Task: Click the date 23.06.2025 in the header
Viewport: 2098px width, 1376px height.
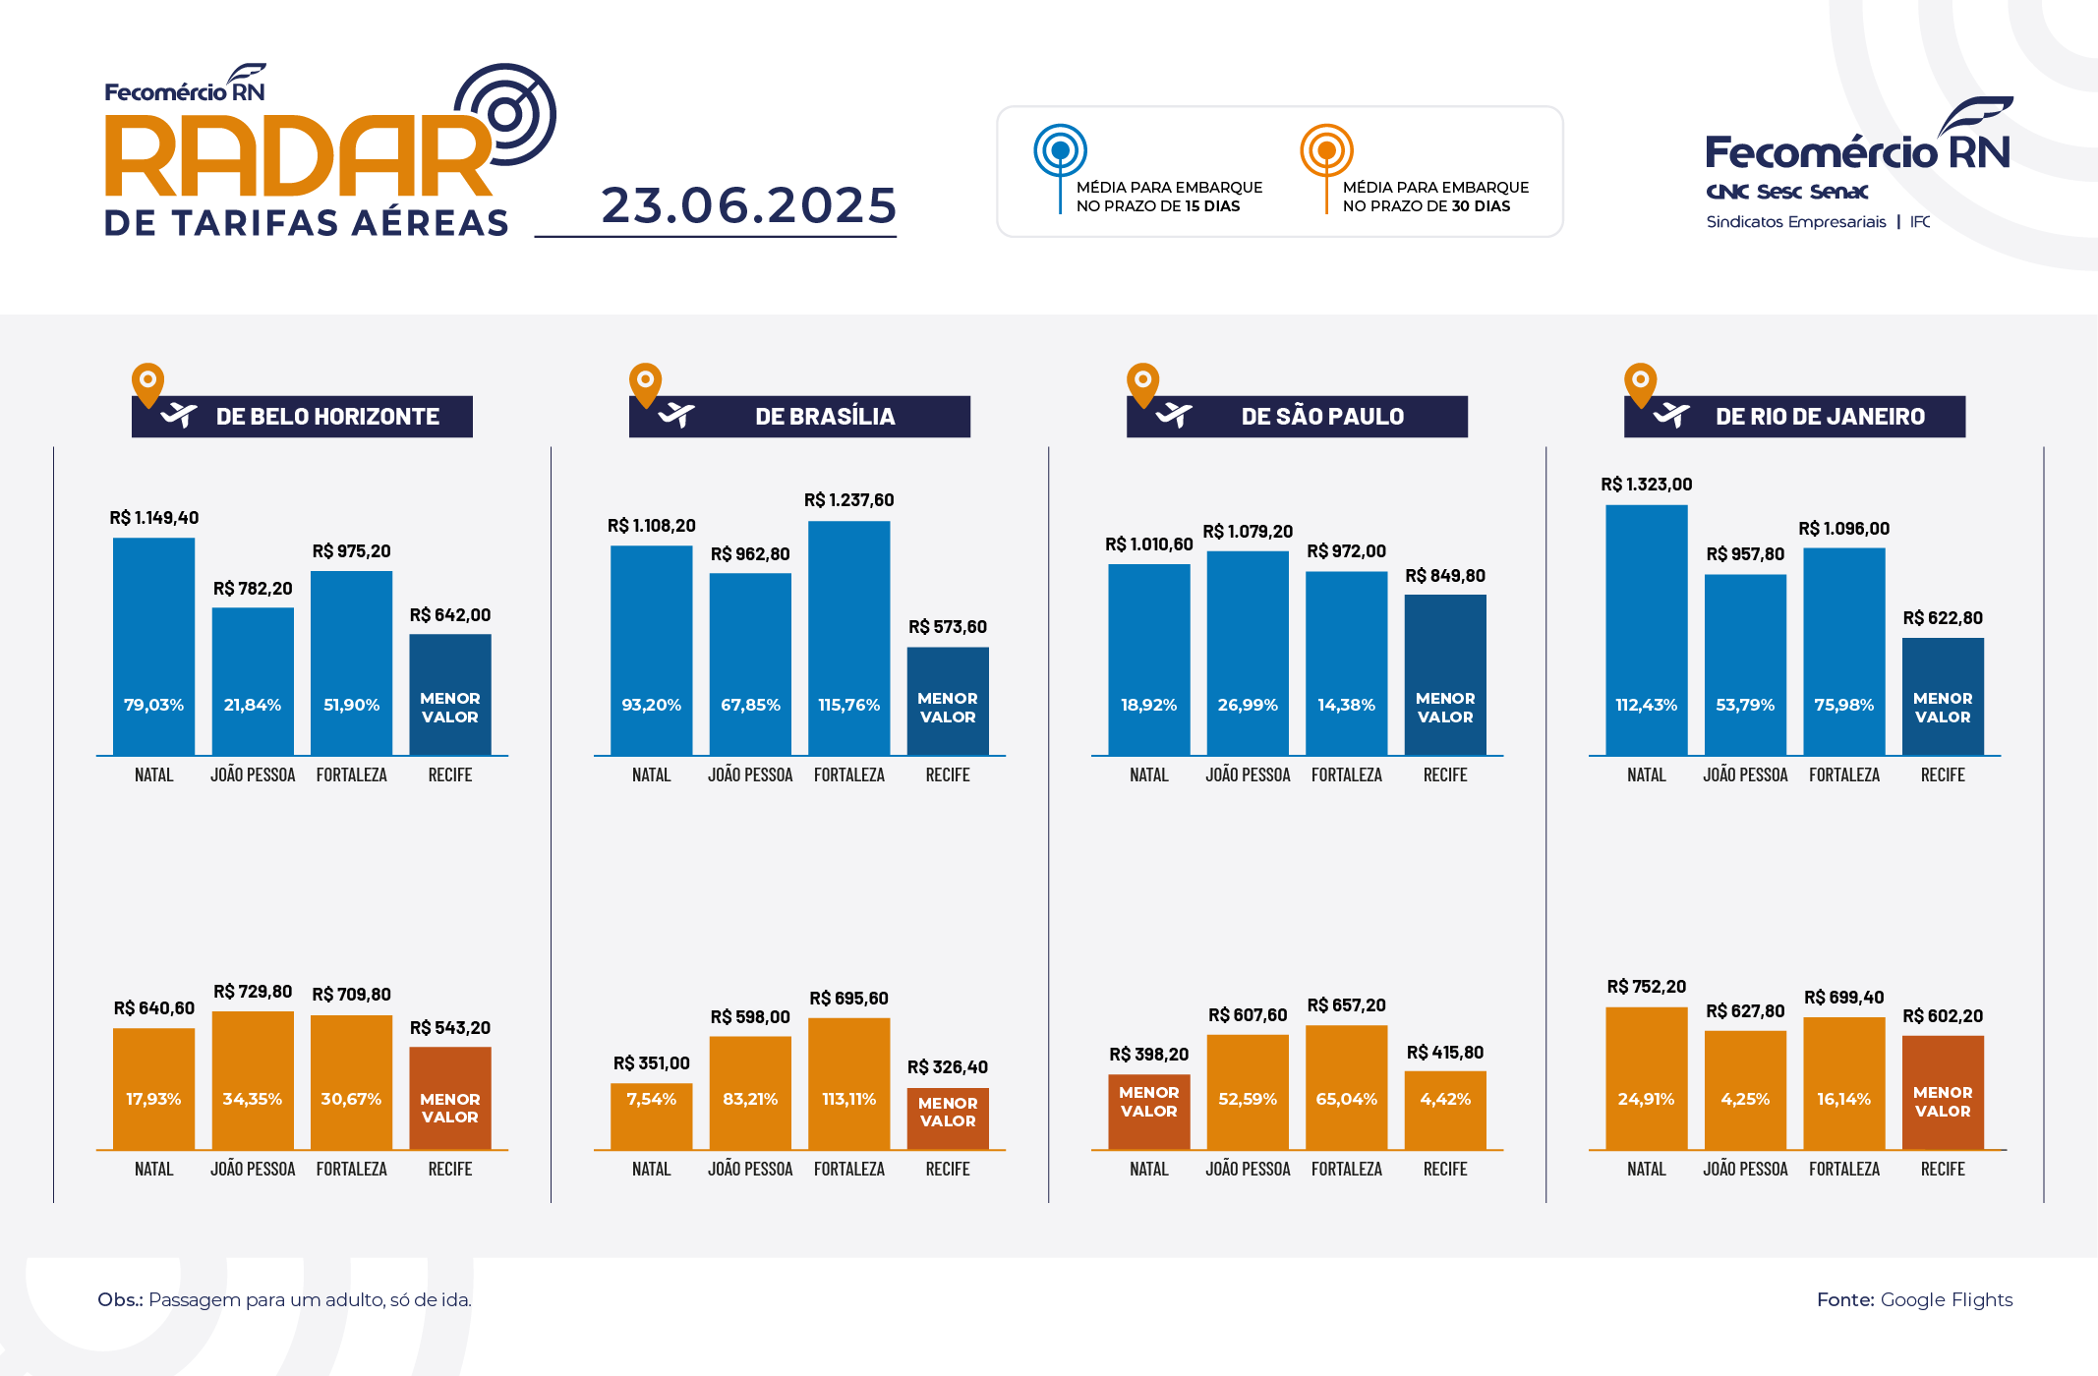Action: tap(749, 205)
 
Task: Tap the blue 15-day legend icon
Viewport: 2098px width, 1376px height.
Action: tap(1060, 151)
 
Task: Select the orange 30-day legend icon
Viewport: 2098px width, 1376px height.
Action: tap(1326, 151)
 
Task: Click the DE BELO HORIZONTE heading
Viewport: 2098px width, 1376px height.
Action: tap(327, 417)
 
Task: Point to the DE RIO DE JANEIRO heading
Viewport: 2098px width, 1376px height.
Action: tap(1820, 417)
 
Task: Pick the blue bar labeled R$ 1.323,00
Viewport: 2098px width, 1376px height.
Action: tap(1646, 629)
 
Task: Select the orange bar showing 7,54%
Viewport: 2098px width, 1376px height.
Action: tap(651, 1116)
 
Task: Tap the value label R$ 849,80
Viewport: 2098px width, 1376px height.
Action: tap(1444, 576)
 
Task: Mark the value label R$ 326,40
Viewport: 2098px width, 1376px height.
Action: tap(947, 1067)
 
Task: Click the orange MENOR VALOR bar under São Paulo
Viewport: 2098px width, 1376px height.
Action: tap(1148, 1111)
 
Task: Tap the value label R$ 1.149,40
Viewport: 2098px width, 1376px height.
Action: tap(154, 518)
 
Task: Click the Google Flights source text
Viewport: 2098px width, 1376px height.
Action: tap(1946, 1299)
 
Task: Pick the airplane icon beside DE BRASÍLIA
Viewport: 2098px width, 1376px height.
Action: tap(676, 416)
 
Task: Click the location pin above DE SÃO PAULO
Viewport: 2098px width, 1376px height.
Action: tap(1142, 383)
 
